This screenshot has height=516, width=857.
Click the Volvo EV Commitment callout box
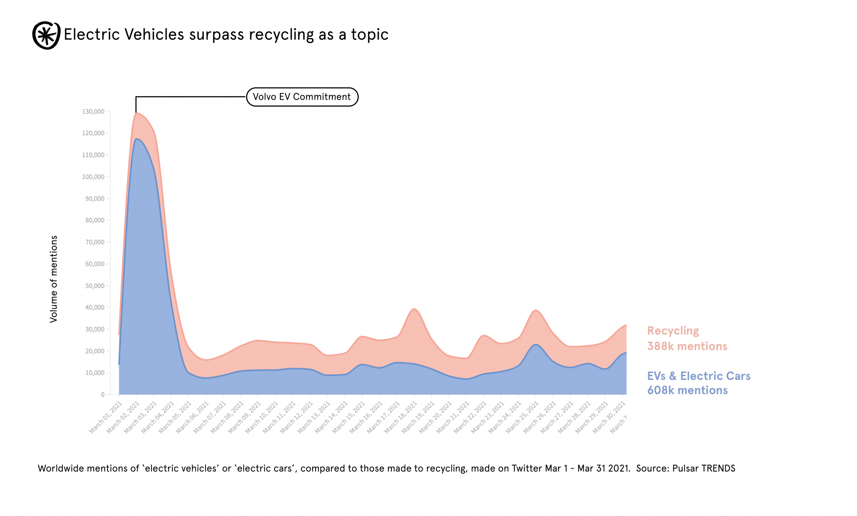(302, 97)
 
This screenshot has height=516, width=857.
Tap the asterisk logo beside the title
(46, 35)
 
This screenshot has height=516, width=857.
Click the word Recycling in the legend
(673, 331)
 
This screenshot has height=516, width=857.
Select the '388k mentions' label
(687, 346)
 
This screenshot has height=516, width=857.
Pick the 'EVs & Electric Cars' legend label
(699, 376)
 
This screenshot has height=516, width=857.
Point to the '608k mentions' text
(688, 390)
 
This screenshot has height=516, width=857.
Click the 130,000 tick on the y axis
(93, 111)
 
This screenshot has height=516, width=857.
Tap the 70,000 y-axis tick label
(95, 242)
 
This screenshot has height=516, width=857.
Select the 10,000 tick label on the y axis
(95, 373)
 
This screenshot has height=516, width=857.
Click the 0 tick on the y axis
(103, 395)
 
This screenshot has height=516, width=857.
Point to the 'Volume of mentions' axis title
(54, 279)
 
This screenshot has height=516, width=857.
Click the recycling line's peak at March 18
(414, 309)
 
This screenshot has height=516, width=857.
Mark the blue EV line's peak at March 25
(536, 344)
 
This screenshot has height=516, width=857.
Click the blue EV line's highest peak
(137, 139)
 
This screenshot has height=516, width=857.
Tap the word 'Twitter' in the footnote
(527, 468)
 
